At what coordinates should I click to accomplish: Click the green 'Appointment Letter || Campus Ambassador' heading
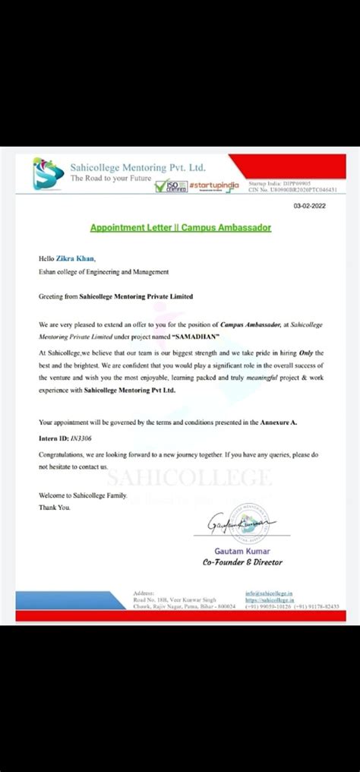click(180, 227)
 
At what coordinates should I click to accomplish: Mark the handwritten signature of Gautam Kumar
click(232, 524)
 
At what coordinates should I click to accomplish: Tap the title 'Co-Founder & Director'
click(242, 562)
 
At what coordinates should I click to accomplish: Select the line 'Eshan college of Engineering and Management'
click(103, 271)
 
